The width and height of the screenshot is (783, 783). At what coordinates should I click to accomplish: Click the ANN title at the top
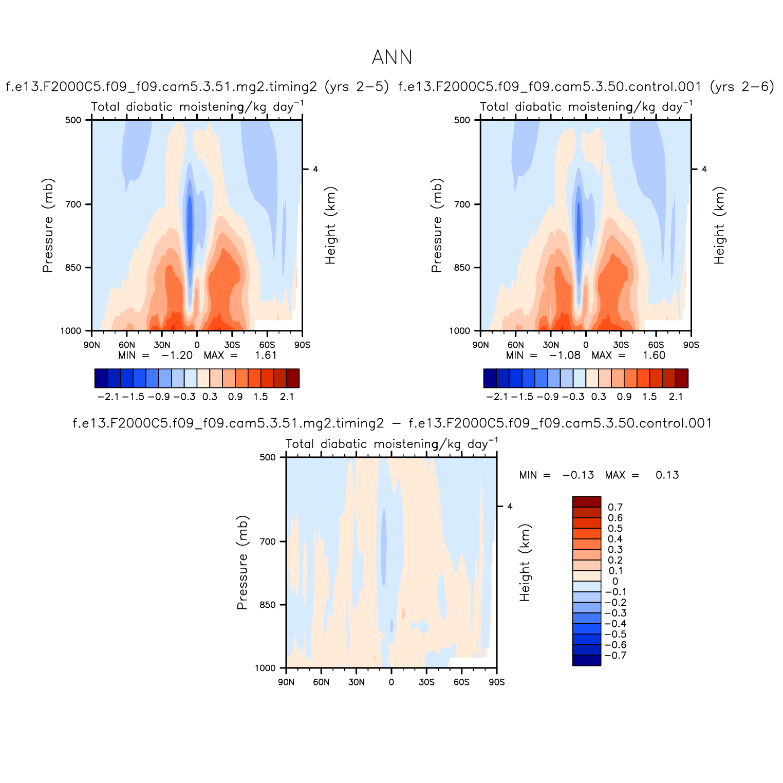[391, 58]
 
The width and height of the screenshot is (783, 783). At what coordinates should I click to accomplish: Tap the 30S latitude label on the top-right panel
[621, 345]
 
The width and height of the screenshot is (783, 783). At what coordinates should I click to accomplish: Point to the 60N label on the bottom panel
[321, 682]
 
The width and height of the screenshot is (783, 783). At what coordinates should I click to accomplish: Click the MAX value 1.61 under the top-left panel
[266, 355]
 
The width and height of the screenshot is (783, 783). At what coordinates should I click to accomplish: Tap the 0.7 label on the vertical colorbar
[615, 508]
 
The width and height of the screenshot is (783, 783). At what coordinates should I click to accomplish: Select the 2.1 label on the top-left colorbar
[287, 397]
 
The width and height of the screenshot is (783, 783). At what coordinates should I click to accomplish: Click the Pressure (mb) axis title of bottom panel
[243, 563]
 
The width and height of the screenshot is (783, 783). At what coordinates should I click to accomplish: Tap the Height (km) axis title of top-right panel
[719, 226]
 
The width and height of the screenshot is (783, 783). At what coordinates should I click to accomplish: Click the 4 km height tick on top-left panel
[315, 169]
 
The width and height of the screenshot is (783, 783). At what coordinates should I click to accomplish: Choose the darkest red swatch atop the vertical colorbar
[586, 502]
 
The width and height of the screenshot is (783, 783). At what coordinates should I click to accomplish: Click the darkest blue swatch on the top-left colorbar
[101, 378]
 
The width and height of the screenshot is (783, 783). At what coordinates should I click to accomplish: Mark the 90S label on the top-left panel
[302, 345]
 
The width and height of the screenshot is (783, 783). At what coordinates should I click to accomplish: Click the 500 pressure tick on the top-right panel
[463, 120]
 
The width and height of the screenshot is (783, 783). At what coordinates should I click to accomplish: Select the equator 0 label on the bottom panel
[391, 682]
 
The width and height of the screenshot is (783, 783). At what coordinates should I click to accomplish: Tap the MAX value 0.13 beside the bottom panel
[667, 475]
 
